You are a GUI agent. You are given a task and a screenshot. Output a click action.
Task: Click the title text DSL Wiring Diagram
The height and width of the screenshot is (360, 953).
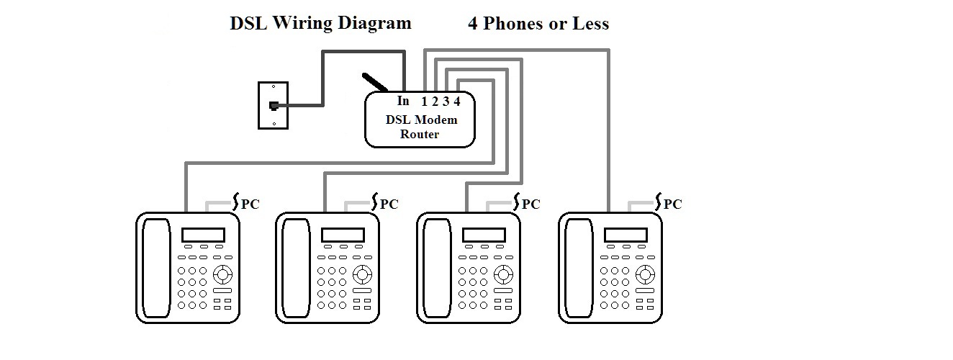(x=320, y=23)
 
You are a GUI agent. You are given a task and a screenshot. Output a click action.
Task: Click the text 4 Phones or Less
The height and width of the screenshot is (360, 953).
(x=538, y=24)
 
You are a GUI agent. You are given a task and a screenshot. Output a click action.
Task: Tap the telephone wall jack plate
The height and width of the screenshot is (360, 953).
(x=274, y=106)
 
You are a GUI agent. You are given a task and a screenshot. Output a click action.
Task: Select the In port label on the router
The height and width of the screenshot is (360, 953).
(x=403, y=101)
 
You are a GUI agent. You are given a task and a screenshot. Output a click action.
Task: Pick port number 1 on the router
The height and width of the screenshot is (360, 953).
(x=425, y=102)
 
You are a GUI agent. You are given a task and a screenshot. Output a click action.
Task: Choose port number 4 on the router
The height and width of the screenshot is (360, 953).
(x=457, y=102)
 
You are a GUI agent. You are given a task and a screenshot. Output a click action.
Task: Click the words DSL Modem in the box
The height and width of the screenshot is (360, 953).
(x=421, y=120)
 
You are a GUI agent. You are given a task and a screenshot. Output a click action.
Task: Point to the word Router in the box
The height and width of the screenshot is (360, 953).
(x=420, y=134)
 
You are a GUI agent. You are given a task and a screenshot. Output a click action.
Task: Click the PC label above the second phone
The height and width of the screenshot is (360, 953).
(x=389, y=204)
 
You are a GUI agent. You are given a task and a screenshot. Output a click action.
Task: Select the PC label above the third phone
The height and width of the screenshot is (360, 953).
(x=530, y=204)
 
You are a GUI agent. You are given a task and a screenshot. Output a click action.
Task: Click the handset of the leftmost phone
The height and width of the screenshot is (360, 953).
(x=154, y=267)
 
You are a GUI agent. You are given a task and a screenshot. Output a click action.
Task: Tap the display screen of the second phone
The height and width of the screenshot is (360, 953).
(x=343, y=235)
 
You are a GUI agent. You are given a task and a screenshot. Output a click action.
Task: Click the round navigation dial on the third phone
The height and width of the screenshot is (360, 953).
(x=504, y=274)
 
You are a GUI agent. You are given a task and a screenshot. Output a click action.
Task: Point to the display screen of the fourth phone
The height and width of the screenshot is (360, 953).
(x=625, y=235)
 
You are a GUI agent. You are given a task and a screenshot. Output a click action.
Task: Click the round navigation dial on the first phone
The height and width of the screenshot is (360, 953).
(x=223, y=274)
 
